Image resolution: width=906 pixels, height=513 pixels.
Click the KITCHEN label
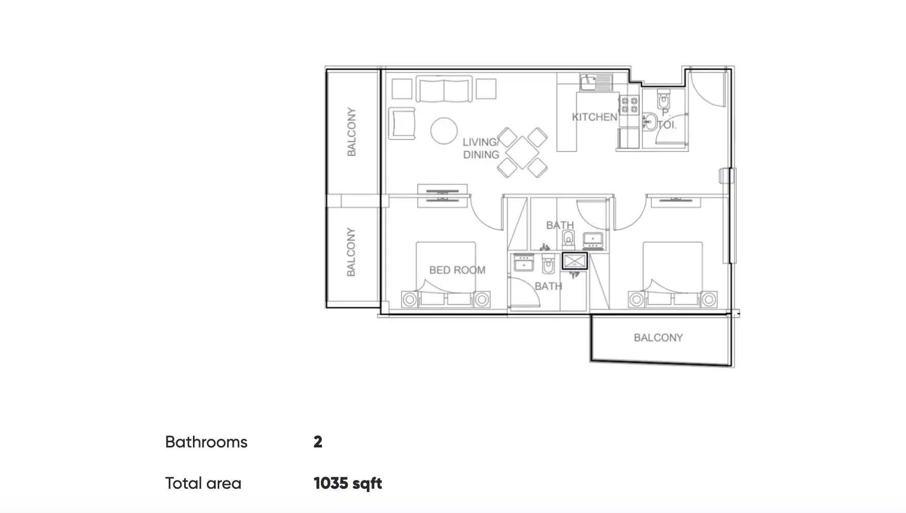pyautogui.click(x=594, y=117)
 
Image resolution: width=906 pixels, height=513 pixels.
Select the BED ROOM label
pyautogui.click(x=457, y=270)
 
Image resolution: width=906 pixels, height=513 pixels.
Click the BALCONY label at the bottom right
pyautogui.click(x=658, y=338)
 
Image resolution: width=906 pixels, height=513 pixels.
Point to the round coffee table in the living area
pyautogui.click(x=444, y=131)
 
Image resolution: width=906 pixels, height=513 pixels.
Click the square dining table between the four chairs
pyautogui.click(x=522, y=153)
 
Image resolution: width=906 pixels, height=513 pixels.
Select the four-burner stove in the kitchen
pyautogui.click(x=629, y=105)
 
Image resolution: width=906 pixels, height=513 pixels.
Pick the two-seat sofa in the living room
pyautogui.click(x=444, y=90)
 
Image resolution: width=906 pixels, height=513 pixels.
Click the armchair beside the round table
pyautogui.click(x=402, y=123)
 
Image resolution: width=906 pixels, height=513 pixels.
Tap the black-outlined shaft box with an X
pyautogui.click(x=574, y=261)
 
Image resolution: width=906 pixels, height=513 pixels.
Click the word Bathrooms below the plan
pyautogui.click(x=206, y=442)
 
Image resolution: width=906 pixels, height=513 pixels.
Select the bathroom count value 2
pyautogui.click(x=318, y=442)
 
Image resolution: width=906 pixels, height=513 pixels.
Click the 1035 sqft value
pyautogui.click(x=348, y=484)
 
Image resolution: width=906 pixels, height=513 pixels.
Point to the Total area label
pyautogui.click(x=203, y=484)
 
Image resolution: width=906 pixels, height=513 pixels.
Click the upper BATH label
pyautogui.click(x=560, y=225)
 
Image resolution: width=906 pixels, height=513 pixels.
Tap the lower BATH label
pyautogui.click(x=548, y=286)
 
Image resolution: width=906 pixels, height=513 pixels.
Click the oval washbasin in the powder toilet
pyautogui.click(x=650, y=122)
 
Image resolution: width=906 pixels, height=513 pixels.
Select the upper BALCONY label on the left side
pyautogui.click(x=351, y=132)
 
